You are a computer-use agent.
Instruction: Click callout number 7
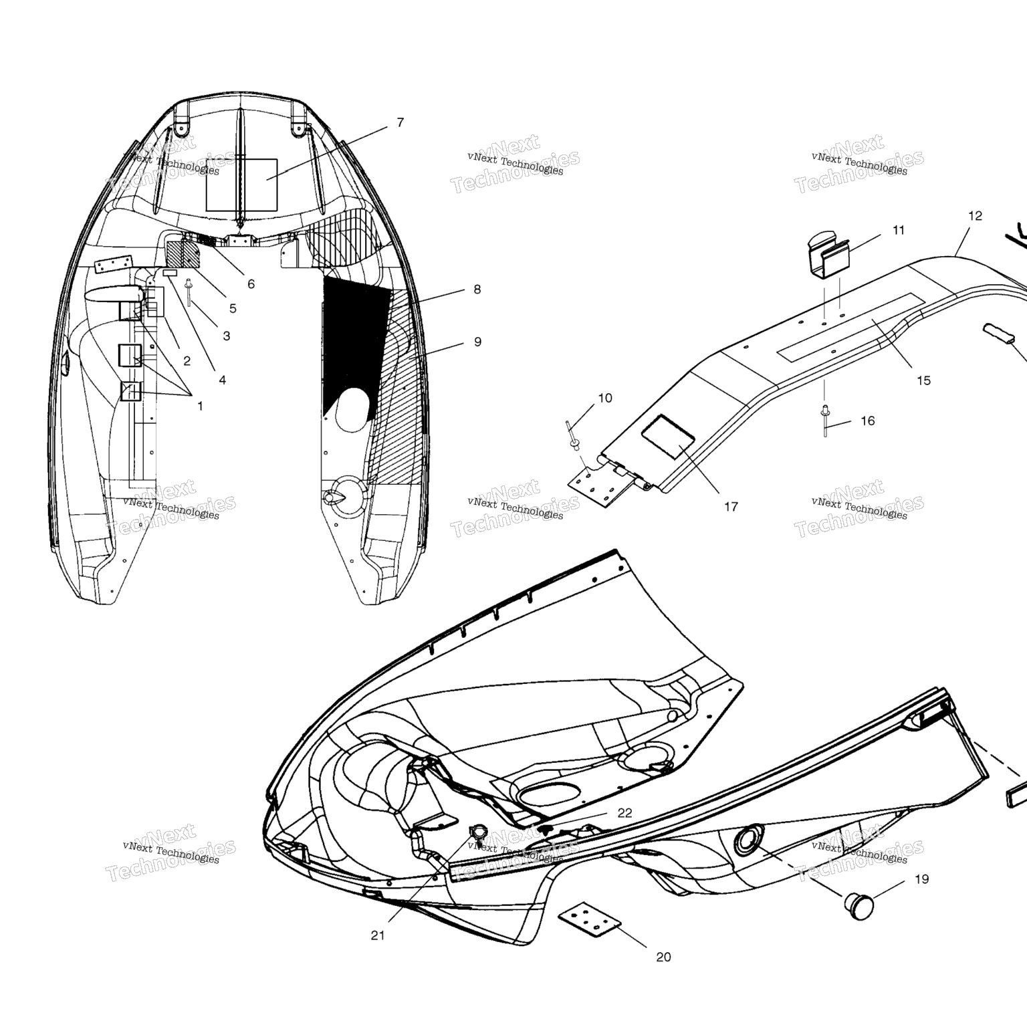tap(401, 122)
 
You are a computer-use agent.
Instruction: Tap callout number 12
tap(975, 215)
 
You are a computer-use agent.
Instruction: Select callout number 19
tap(921, 879)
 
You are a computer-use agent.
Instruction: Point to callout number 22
tap(624, 812)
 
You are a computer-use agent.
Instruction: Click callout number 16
tap(867, 421)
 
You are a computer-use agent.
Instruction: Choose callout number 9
tap(477, 342)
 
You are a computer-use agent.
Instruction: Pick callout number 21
tap(378, 935)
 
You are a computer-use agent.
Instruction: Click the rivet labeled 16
tap(825, 421)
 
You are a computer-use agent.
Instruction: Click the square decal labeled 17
tap(668, 437)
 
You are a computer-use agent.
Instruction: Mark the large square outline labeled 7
tap(241, 185)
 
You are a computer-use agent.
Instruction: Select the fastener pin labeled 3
tap(189, 292)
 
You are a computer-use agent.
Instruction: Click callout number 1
tap(200, 406)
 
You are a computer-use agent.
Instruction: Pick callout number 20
tap(663, 957)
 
